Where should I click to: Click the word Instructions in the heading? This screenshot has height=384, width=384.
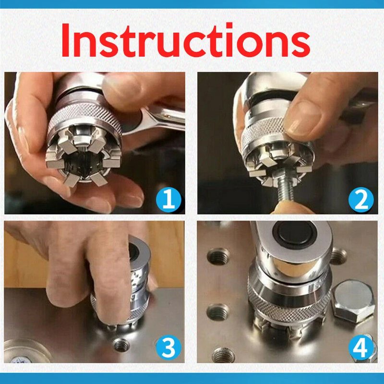pos(186,40)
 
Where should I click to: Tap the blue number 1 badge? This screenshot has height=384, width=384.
pos(168,200)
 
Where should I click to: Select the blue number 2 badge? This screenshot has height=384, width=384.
pos(361,200)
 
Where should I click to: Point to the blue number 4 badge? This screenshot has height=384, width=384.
pos(361,347)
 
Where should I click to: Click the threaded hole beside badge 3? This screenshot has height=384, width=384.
pos(121,345)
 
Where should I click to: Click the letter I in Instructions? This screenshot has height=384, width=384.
pos(65,40)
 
